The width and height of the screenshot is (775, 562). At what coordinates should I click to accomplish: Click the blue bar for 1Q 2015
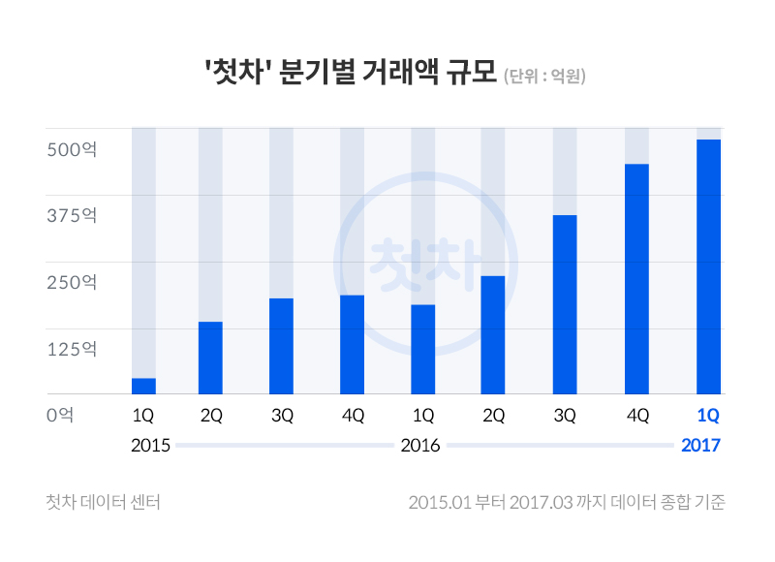pyautogui.click(x=143, y=386)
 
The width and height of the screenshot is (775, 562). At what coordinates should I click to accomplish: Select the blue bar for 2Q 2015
pyautogui.click(x=210, y=358)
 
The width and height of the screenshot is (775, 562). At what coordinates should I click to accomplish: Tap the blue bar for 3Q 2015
pyautogui.click(x=281, y=346)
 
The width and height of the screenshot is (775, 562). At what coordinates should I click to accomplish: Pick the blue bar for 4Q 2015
pyautogui.click(x=352, y=344)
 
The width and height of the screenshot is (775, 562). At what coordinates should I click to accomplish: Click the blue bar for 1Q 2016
pyautogui.click(x=422, y=349)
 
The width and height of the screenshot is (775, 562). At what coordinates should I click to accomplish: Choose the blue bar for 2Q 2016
pyautogui.click(x=493, y=334)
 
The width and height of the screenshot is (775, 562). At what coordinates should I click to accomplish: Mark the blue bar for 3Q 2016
pyautogui.click(x=565, y=304)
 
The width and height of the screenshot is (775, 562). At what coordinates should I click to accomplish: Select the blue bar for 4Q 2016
pyautogui.click(x=636, y=279)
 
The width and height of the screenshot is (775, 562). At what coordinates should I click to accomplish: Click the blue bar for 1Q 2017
pyautogui.click(x=708, y=266)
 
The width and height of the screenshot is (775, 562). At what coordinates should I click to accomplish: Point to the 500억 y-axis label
pyautogui.click(x=72, y=150)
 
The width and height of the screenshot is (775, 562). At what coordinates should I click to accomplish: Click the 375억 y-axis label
pyautogui.click(x=72, y=216)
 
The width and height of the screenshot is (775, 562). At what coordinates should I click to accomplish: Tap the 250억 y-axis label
pyautogui.click(x=72, y=283)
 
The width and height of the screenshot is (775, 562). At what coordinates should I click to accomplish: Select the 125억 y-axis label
pyautogui.click(x=72, y=349)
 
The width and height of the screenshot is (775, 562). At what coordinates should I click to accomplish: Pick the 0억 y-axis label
pyautogui.click(x=60, y=415)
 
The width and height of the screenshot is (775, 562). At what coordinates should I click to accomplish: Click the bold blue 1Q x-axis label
pyautogui.click(x=708, y=416)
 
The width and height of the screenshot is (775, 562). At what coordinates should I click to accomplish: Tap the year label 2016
pyautogui.click(x=420, y=446)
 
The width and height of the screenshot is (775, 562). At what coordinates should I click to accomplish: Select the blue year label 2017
pyautogui.click(x=701, y=446)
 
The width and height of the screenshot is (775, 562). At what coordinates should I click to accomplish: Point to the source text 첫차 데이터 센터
pyautogui.click(x=103, y=502)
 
